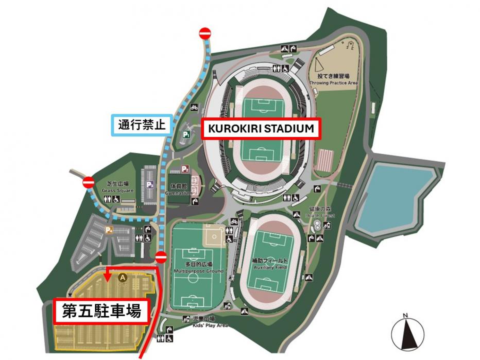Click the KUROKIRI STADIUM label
[261, 129]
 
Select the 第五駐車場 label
[101, 311]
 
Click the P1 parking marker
[186, 135]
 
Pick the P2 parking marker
[185, 169]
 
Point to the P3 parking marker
[150, 184]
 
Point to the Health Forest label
[322, 212]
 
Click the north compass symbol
[407, 333]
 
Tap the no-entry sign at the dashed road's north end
[204, 33]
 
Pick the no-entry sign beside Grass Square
[89, 182]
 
